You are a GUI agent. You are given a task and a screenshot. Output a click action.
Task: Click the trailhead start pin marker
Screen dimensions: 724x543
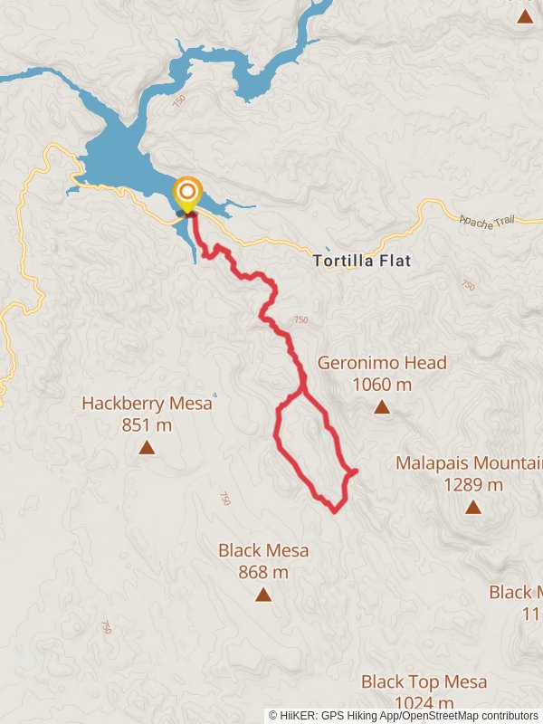(x=187, y=193)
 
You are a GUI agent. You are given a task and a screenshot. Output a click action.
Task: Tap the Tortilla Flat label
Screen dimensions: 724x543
(x=362, y=262)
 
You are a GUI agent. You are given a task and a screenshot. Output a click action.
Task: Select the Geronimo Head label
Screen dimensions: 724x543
(x=382, y=363)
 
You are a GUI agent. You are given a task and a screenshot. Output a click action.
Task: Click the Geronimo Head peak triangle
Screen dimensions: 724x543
(x=382, y=407)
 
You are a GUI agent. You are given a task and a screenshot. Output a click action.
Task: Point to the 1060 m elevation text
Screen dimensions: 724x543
(x=382, y=385)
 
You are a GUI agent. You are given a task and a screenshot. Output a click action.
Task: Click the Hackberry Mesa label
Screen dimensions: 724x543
(x=147, y=404)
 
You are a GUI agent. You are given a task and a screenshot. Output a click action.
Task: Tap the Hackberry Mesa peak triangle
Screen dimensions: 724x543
(x=147, y=447)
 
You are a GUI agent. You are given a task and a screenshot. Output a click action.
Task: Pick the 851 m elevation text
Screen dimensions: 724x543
(x=147, y=424)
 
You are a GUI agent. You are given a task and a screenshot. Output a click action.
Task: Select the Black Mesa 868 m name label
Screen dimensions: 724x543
(x=263, y=550)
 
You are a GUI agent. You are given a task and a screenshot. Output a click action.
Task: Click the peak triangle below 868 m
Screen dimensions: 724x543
(x=263, y=595)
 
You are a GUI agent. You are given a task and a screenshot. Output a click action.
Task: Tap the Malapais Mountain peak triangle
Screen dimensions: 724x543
(x=473, y=507)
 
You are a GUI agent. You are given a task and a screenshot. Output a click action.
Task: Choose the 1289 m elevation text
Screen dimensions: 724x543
(x=473, y=484)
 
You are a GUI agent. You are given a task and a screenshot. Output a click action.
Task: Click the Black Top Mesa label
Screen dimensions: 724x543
(x=424, y=681)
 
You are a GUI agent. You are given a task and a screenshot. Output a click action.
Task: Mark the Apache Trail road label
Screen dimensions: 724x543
(x=488, y=222)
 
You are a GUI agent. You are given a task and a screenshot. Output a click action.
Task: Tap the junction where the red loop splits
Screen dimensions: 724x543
(x=301, y=393)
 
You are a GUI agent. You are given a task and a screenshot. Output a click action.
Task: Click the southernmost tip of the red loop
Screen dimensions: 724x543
(x=336, y=512)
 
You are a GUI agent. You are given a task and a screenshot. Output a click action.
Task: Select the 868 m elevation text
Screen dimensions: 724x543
(x=263, y=572)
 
